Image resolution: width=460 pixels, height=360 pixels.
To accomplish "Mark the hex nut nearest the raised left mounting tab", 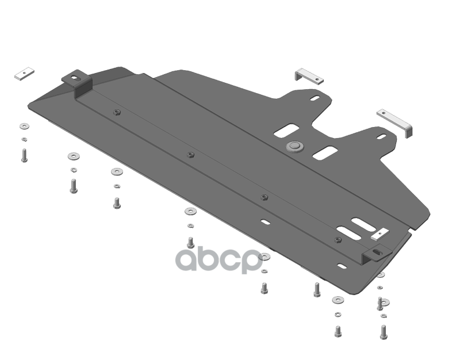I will [117, 112].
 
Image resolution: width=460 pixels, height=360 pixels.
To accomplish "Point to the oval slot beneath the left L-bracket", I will [317, 99].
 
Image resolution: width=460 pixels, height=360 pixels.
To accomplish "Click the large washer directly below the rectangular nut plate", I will [24, 125].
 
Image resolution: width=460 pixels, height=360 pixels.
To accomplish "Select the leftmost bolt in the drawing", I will [25, 155].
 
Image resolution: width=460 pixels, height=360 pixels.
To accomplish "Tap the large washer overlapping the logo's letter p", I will [265, 256].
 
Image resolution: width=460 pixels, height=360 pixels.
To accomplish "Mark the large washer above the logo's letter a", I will [190, 212].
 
